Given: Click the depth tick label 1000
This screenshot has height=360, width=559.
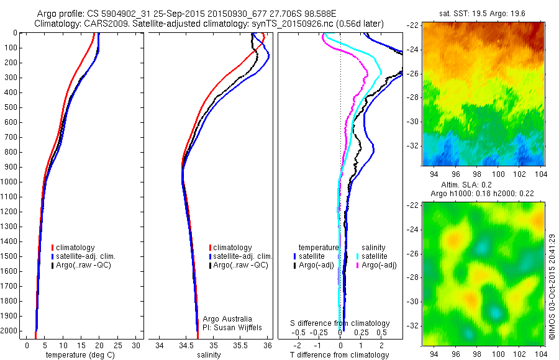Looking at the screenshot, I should pos(9,182).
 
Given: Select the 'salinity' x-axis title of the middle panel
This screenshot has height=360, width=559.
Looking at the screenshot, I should pos(210,355).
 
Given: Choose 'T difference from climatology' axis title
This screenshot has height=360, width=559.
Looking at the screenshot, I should pos(340,355).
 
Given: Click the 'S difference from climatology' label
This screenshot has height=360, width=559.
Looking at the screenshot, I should pos(340,323).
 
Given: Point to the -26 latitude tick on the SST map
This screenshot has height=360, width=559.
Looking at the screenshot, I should pos(414,73).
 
